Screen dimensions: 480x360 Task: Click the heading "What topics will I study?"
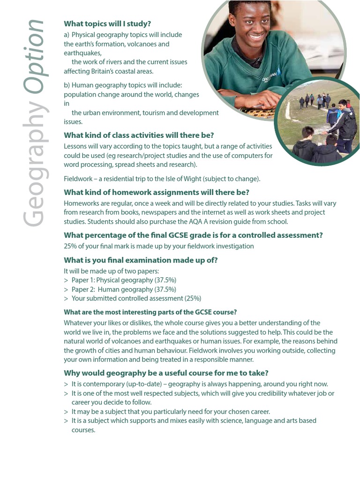click(x=107, y=24)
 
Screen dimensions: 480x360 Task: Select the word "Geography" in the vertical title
click(x=34, y=164)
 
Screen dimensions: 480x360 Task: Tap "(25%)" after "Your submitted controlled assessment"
click(x=193, y=298)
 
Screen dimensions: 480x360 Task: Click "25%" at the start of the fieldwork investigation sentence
click(x=71, y=246)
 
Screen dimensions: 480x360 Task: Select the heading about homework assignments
click(x=157, y=192)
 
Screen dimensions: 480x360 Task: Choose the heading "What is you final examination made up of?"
click(x=141, y=260)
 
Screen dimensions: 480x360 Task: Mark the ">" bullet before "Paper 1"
click(x=66, y=280)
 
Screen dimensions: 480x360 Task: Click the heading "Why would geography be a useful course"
click(x=166, y=373)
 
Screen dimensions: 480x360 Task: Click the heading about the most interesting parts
click(x=150, y=312)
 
